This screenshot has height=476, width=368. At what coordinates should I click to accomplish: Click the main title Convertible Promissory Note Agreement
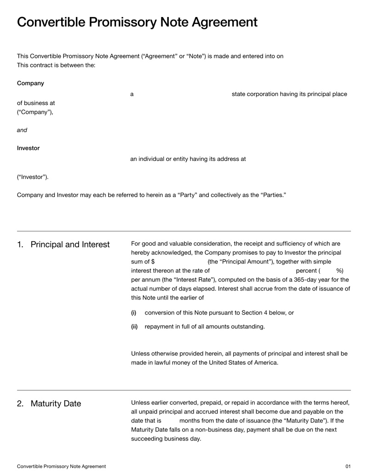pos(137,22)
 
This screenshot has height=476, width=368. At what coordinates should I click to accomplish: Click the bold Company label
pos(30,83)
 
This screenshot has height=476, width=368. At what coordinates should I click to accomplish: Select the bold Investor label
pos(28,148)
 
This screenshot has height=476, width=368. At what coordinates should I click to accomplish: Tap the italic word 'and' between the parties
pos(22,130)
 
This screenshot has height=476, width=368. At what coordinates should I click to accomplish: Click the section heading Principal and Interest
pos(70,245)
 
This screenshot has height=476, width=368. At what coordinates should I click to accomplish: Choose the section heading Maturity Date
pos(56,404)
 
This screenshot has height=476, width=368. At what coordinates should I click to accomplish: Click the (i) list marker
pos(134,313)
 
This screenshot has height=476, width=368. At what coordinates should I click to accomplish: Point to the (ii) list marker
pos(134,327)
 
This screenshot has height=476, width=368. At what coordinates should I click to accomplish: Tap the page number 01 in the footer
pos(348,466)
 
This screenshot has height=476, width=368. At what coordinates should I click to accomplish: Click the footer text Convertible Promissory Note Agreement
pos(61,466)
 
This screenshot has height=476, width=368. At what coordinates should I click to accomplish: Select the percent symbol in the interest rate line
pos(339,270)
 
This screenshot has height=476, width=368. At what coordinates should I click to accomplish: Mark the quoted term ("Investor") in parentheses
pos(33,177)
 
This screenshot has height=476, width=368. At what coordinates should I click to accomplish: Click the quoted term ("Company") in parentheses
pos(35,112)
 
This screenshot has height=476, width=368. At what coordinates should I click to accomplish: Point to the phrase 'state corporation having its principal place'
pos(289,94)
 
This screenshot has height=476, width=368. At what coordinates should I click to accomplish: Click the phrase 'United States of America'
pos(242,362)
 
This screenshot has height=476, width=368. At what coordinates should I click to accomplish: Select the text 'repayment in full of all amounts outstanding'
pos(205,327)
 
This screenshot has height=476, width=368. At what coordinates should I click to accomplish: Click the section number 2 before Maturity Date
pos(20,404)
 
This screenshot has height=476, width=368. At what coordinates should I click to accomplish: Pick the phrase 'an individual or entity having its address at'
pos(188,159)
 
